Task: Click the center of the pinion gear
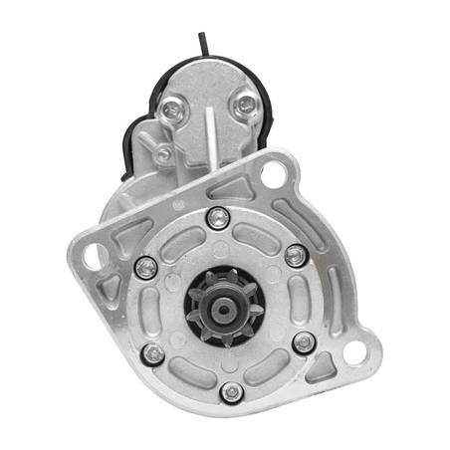click(x=225, y=303)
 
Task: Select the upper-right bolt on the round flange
click(x=295, y=255)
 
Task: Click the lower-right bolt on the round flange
click(x=304, y=343)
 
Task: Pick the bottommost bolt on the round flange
click(x=232, y=392)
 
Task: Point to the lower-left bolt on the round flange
click(x=152, y=353)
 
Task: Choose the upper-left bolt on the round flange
click(x=145, y=267)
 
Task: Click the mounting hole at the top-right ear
click(x=273, y=176)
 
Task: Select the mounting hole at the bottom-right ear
click(x=355, y=349)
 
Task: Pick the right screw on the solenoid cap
click(x=245, y=105)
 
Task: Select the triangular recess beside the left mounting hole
click(x=112, y=288)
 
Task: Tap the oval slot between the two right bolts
click(x=312, y=299)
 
